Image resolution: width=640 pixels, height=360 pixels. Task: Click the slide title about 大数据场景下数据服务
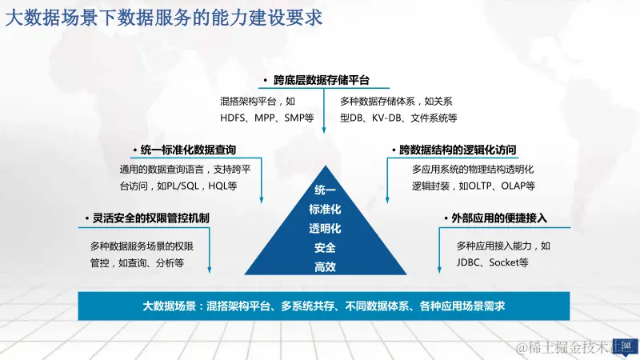click(165, 18)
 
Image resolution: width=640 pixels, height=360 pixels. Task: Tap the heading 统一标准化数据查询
click(188, 150)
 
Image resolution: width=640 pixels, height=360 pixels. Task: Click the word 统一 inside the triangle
click(325, 190)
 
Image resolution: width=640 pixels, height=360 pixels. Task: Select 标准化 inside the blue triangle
click(325, 210)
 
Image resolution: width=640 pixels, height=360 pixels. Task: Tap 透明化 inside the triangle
click(325, 229)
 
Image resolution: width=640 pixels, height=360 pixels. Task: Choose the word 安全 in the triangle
click(325, 248)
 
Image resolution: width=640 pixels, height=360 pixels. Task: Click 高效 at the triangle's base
click(325, 267)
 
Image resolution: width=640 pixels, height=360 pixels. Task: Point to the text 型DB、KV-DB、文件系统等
click(398, 118)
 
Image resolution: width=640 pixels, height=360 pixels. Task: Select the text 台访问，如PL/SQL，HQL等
click(178, 186)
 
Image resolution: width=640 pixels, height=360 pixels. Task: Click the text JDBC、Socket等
click(492, 262)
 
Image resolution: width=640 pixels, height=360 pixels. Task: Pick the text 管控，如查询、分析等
click(137, 262)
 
